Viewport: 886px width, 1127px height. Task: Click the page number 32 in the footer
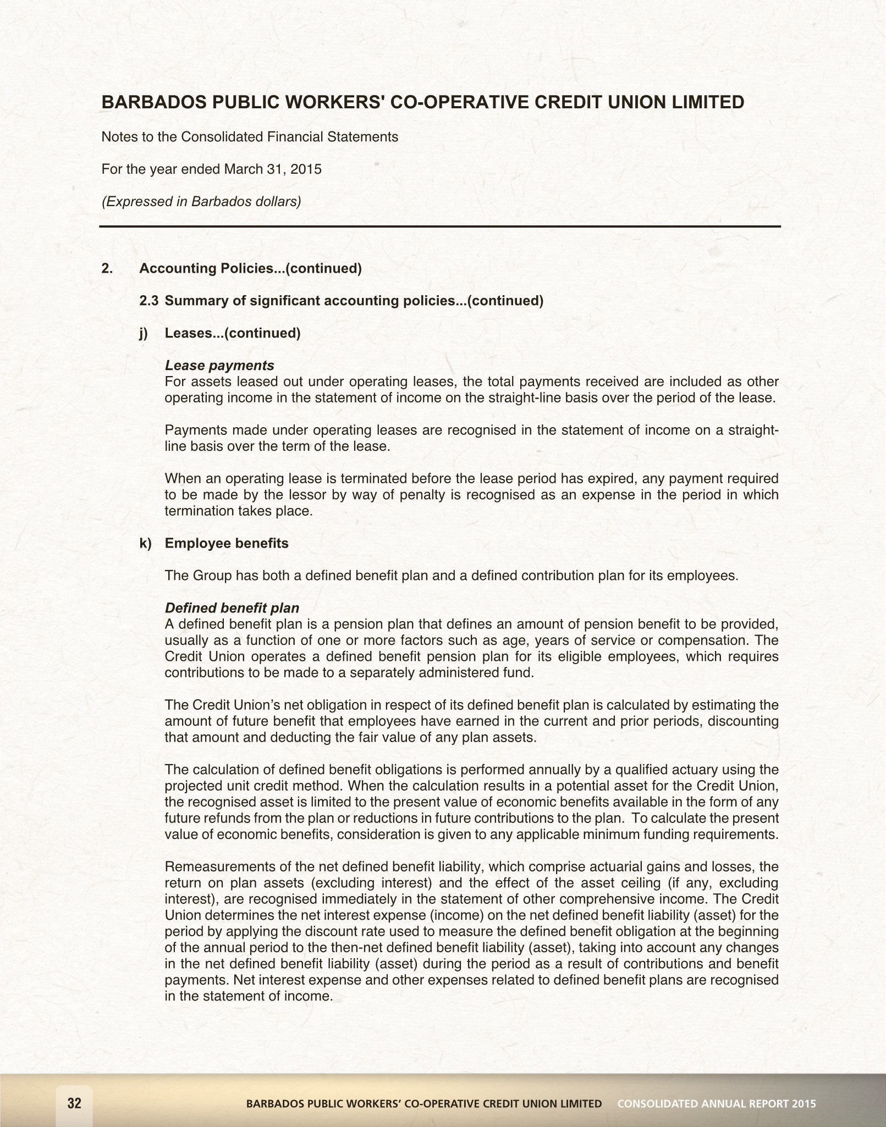tap(74, 1103)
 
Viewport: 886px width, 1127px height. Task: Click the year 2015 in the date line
tap(306, 169)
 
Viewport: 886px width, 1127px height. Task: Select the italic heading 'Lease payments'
tap(219, 366)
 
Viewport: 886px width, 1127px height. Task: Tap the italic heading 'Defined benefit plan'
tap(232, 608)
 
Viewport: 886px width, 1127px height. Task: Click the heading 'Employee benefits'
tap(227, 543)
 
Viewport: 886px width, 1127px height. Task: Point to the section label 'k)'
tap(145, 543)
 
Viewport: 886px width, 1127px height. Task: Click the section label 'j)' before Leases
tap(144, 333)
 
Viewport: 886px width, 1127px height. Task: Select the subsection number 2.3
tap(149, 301)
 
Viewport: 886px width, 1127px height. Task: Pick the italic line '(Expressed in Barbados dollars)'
tap(201, 202)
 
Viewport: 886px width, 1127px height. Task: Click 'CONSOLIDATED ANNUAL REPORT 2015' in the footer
tap(717, 1103)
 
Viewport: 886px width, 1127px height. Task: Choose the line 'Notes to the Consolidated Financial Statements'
tap(250, 137)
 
